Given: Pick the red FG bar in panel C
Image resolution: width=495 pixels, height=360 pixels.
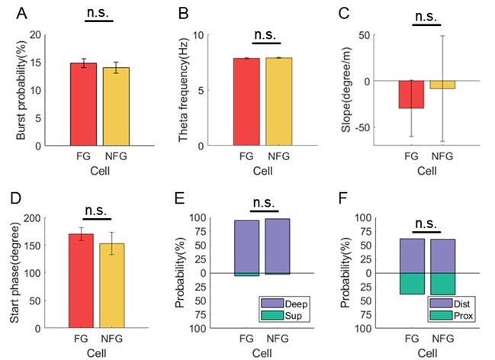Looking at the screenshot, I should pos(413,95).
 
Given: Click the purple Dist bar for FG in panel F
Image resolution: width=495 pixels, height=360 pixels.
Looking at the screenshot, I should pos(413,256).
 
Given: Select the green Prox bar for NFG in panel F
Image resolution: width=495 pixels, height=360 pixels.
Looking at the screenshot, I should pos(444,284).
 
